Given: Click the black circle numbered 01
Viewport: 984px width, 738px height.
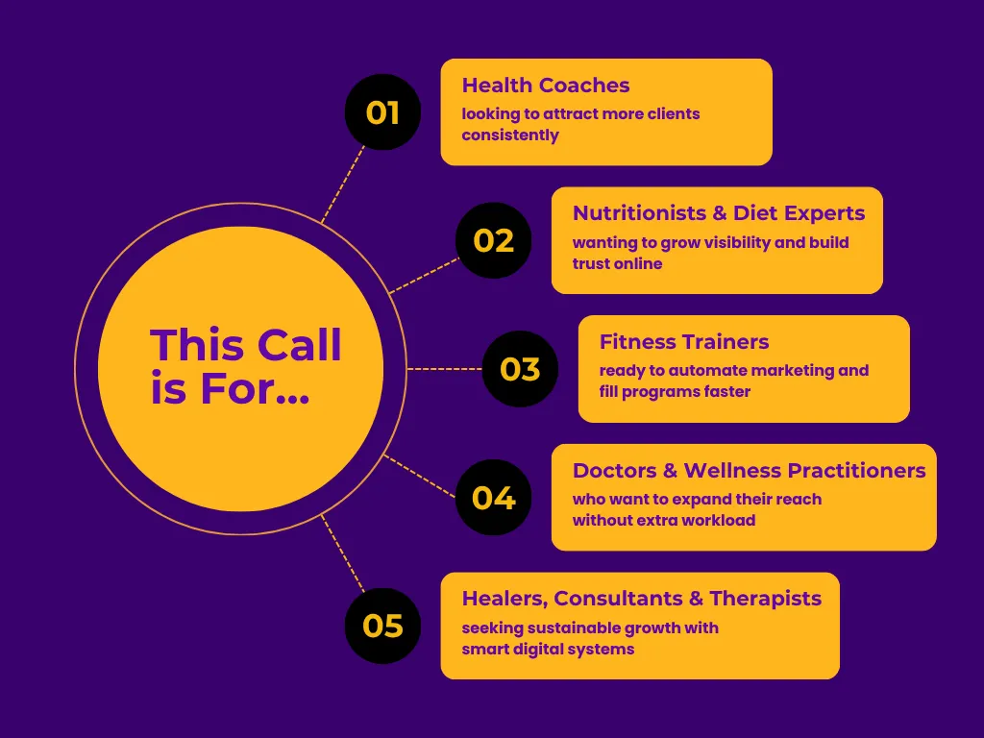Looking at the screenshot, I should (x=382, y=112).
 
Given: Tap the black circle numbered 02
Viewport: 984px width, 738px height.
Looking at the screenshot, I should (x=494, y=240).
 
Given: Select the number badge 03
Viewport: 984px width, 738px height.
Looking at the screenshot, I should (x=520, y=369).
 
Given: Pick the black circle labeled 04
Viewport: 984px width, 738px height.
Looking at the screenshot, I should (x=494, y=498).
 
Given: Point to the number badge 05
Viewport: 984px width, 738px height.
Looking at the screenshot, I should (x=382, y=626).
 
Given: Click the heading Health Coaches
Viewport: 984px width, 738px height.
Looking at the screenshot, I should (x=545, y=86).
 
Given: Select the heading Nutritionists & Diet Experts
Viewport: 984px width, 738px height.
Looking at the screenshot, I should (x=718, y=213).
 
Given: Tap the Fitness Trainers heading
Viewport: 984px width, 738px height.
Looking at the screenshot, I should (x=683, y=341).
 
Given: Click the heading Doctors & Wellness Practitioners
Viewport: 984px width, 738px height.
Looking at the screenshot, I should (x=749, y=470).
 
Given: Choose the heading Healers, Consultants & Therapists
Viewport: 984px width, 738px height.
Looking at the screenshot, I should (x=641, y=599).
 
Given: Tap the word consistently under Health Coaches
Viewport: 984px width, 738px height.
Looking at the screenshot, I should (x=509, y=135).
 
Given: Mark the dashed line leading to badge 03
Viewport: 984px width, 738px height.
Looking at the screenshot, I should (x=444, y=369).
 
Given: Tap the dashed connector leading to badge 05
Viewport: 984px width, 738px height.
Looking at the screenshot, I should (x=343, y=553).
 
